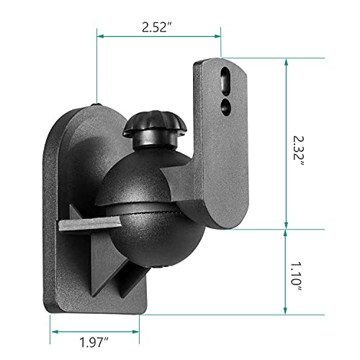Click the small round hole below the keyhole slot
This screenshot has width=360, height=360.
click(x=227, y=106)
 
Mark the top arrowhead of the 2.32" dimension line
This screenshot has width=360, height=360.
click(x=287, y=63)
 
